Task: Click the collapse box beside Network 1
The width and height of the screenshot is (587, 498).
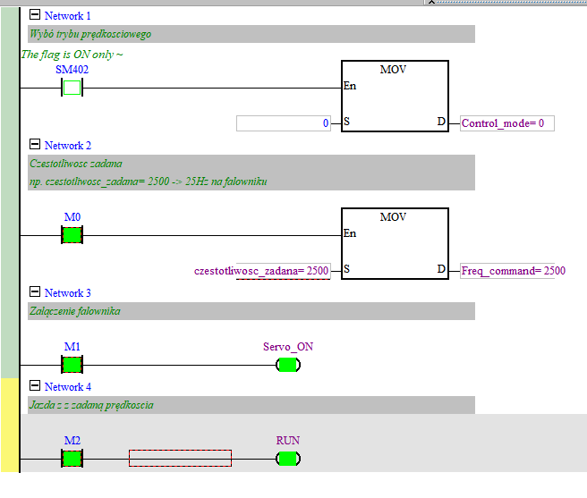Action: click(35, 15)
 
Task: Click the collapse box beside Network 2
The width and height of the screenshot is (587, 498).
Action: click(35, 145)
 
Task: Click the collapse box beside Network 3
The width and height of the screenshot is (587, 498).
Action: click(35, 292)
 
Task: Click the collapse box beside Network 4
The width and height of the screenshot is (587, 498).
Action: click(35, 386)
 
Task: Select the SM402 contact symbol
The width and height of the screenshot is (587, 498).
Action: click(72, 88)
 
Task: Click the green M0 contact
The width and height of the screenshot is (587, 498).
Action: click(72, 235)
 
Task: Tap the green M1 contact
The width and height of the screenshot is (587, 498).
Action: click(72, 364)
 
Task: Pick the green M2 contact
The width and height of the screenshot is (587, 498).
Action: click(72, 459)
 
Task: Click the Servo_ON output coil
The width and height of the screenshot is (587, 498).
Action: click(287, 364)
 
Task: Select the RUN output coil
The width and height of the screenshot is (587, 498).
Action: click(287, 459)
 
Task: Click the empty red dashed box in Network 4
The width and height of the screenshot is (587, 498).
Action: click(180, 458)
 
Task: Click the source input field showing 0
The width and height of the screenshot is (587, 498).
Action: click(284, 123)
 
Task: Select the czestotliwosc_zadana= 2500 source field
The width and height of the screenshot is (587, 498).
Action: click(262, 270)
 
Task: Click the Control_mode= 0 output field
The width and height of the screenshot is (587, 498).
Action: click(507, 123)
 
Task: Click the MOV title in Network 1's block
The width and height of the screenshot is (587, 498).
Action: click(394, 70)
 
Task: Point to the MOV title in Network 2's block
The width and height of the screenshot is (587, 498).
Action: click(394, 217)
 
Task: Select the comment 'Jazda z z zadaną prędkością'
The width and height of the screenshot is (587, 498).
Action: click(91, 405)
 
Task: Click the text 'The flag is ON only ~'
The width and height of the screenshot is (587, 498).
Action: click(72, 55)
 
